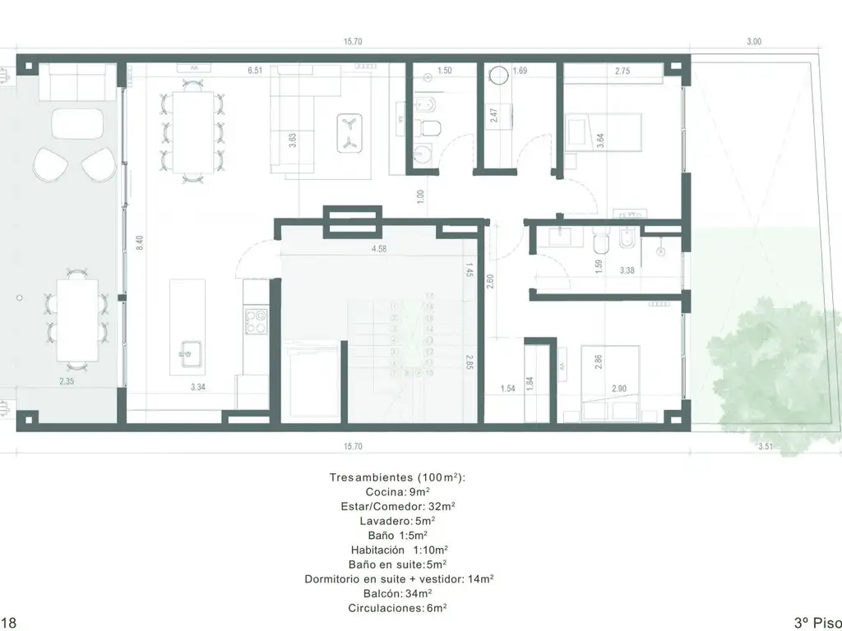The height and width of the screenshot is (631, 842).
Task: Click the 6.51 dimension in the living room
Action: click(x=255, y=71)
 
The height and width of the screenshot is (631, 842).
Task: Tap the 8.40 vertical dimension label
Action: click(x=140, y=243)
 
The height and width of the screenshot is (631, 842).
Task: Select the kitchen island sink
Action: click(x=191, y=353)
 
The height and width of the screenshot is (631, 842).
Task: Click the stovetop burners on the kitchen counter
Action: click(x=257, y=320)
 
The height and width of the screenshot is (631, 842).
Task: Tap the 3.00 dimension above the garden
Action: click(x=754, y=41)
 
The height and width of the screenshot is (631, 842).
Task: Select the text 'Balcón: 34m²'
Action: click(x=398, y=593)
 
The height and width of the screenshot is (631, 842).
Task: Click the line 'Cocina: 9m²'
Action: click(x=397, y=491)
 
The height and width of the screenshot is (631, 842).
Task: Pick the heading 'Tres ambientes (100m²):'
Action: click(x=397, y=477)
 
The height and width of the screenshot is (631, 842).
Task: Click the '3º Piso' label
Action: click(x=817, y=623)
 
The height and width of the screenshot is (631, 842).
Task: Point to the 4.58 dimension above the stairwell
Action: click(x=379, y=249)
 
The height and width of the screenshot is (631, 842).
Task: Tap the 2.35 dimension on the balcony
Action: click(x=67, y=381)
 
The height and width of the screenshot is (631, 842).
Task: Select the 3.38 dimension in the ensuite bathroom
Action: click(x=627, y=270)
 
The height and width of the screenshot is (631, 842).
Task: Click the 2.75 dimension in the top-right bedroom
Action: click(x=622, y=71)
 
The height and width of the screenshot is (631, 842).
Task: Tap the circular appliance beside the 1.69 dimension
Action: click(x=499, y=75)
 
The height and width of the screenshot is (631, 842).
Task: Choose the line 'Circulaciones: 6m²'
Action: click(x=397, y=608)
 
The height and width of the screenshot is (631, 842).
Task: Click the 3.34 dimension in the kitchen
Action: click(x=197, y=387)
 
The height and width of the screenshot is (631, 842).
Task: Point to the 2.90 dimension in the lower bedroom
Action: click(x=619, y=389)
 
